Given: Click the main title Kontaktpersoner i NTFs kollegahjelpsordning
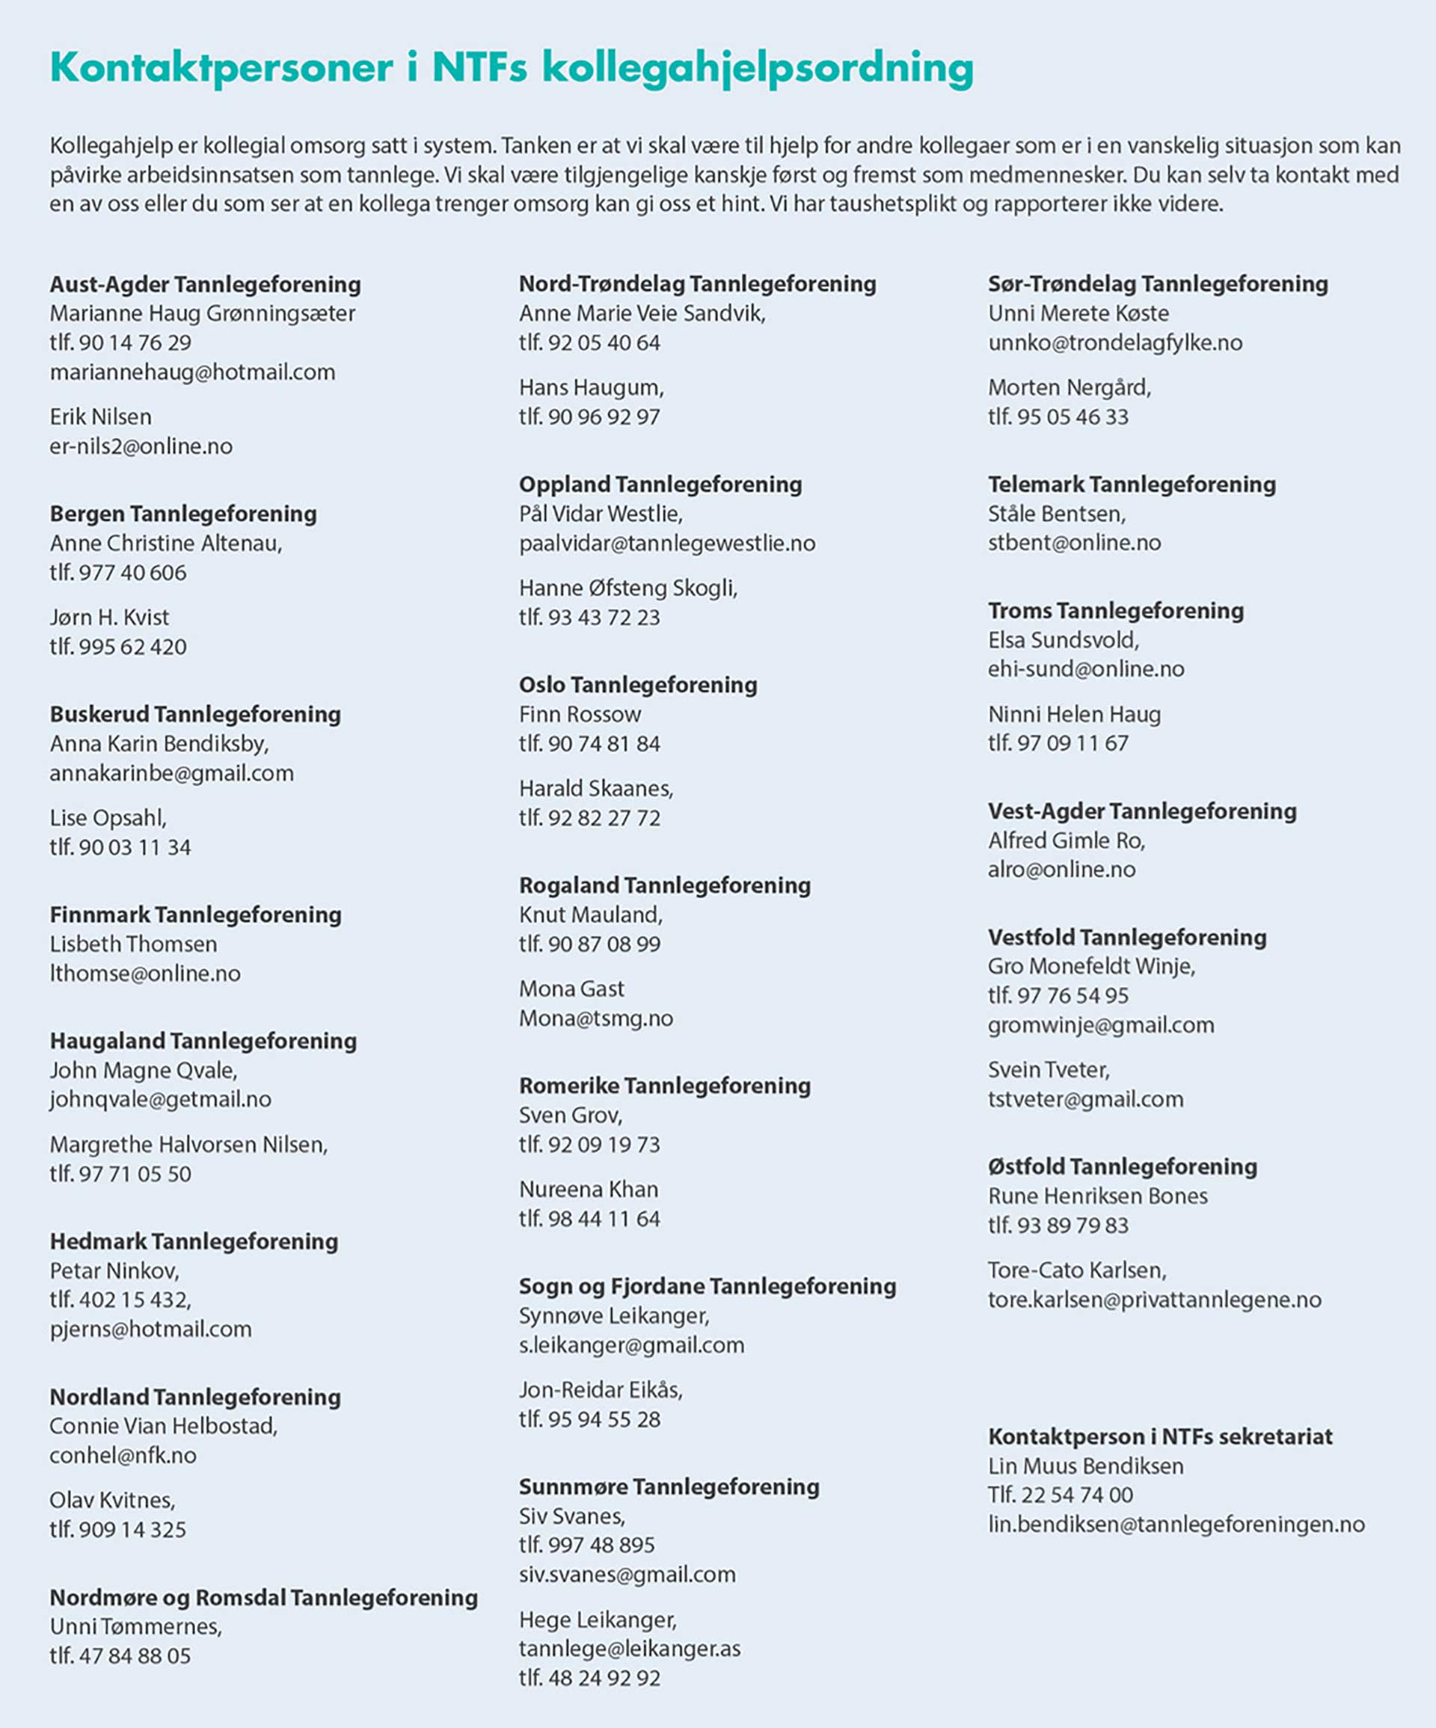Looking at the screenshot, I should point(511,67).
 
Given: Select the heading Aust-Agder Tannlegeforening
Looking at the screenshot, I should point(205,285).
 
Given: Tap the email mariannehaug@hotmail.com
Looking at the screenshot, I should point(192,373).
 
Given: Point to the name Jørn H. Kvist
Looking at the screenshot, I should point(109,617).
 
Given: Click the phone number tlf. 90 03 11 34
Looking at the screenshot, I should point(120,847).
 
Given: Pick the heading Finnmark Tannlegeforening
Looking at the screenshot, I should point(195,915).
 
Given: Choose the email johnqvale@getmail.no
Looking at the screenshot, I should point(161,1099).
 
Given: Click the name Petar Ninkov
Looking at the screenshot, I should point(114,1270).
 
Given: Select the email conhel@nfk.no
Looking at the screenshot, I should point(123,1456).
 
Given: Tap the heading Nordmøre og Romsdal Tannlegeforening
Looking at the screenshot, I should point(263,1597).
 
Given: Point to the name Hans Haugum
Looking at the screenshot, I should point(591,387).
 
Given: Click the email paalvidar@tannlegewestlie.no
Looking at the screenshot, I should point(667,543).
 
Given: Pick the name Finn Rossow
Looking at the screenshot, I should point(580,714).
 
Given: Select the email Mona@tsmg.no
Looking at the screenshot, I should point(596,1018).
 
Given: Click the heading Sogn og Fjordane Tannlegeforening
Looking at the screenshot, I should point(707,1286).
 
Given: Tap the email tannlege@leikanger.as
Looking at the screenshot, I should point(630,1649).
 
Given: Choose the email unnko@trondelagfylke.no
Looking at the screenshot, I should point(1115,343).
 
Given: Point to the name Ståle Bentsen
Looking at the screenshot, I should point(1057,514).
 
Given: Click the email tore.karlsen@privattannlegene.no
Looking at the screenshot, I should point(1155,1300).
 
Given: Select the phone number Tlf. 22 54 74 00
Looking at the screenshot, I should point(1060,1495).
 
